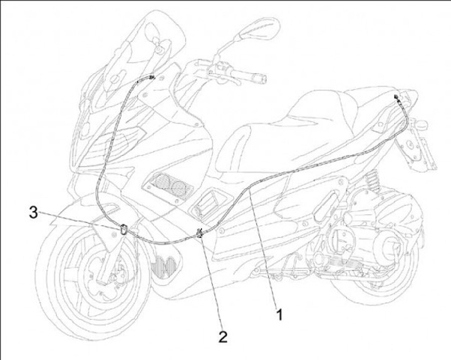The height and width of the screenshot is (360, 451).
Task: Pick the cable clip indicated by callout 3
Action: point(123,229)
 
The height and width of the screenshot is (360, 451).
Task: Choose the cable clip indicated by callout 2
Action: point(200,235)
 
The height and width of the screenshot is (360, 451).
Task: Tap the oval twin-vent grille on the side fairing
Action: point(166,185)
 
